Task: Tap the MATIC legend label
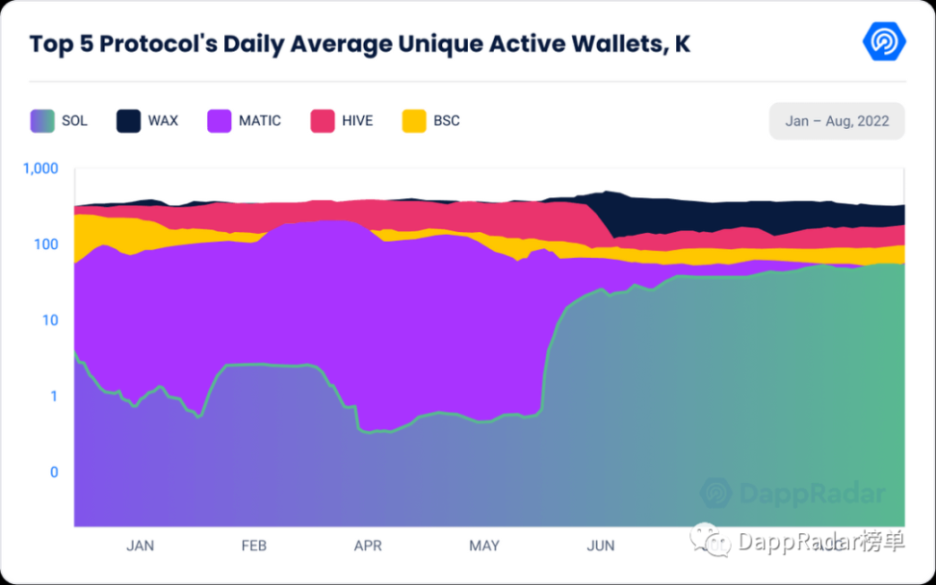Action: [x=260, y=121]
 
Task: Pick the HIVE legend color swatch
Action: [x=323, y=121]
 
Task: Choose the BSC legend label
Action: [x=446, y=121]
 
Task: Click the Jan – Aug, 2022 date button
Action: [x=836, y=121]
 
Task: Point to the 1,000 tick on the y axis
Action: [x=39, y=168]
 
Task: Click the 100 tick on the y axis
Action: [x=46, y=244]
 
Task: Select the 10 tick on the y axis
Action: [x=50, y=320]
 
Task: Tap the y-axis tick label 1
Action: [x=54, y=396]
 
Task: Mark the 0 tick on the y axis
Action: [x=54, y=472]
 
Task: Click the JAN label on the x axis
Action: [x=140, y=546]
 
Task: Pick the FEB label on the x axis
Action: [x=253, y=546]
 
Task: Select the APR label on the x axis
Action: [x=368, y=546]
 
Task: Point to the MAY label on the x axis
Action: [x=484, y=546]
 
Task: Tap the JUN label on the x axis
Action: [x=601, y=546]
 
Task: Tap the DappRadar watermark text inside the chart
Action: [x=811, y=495]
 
